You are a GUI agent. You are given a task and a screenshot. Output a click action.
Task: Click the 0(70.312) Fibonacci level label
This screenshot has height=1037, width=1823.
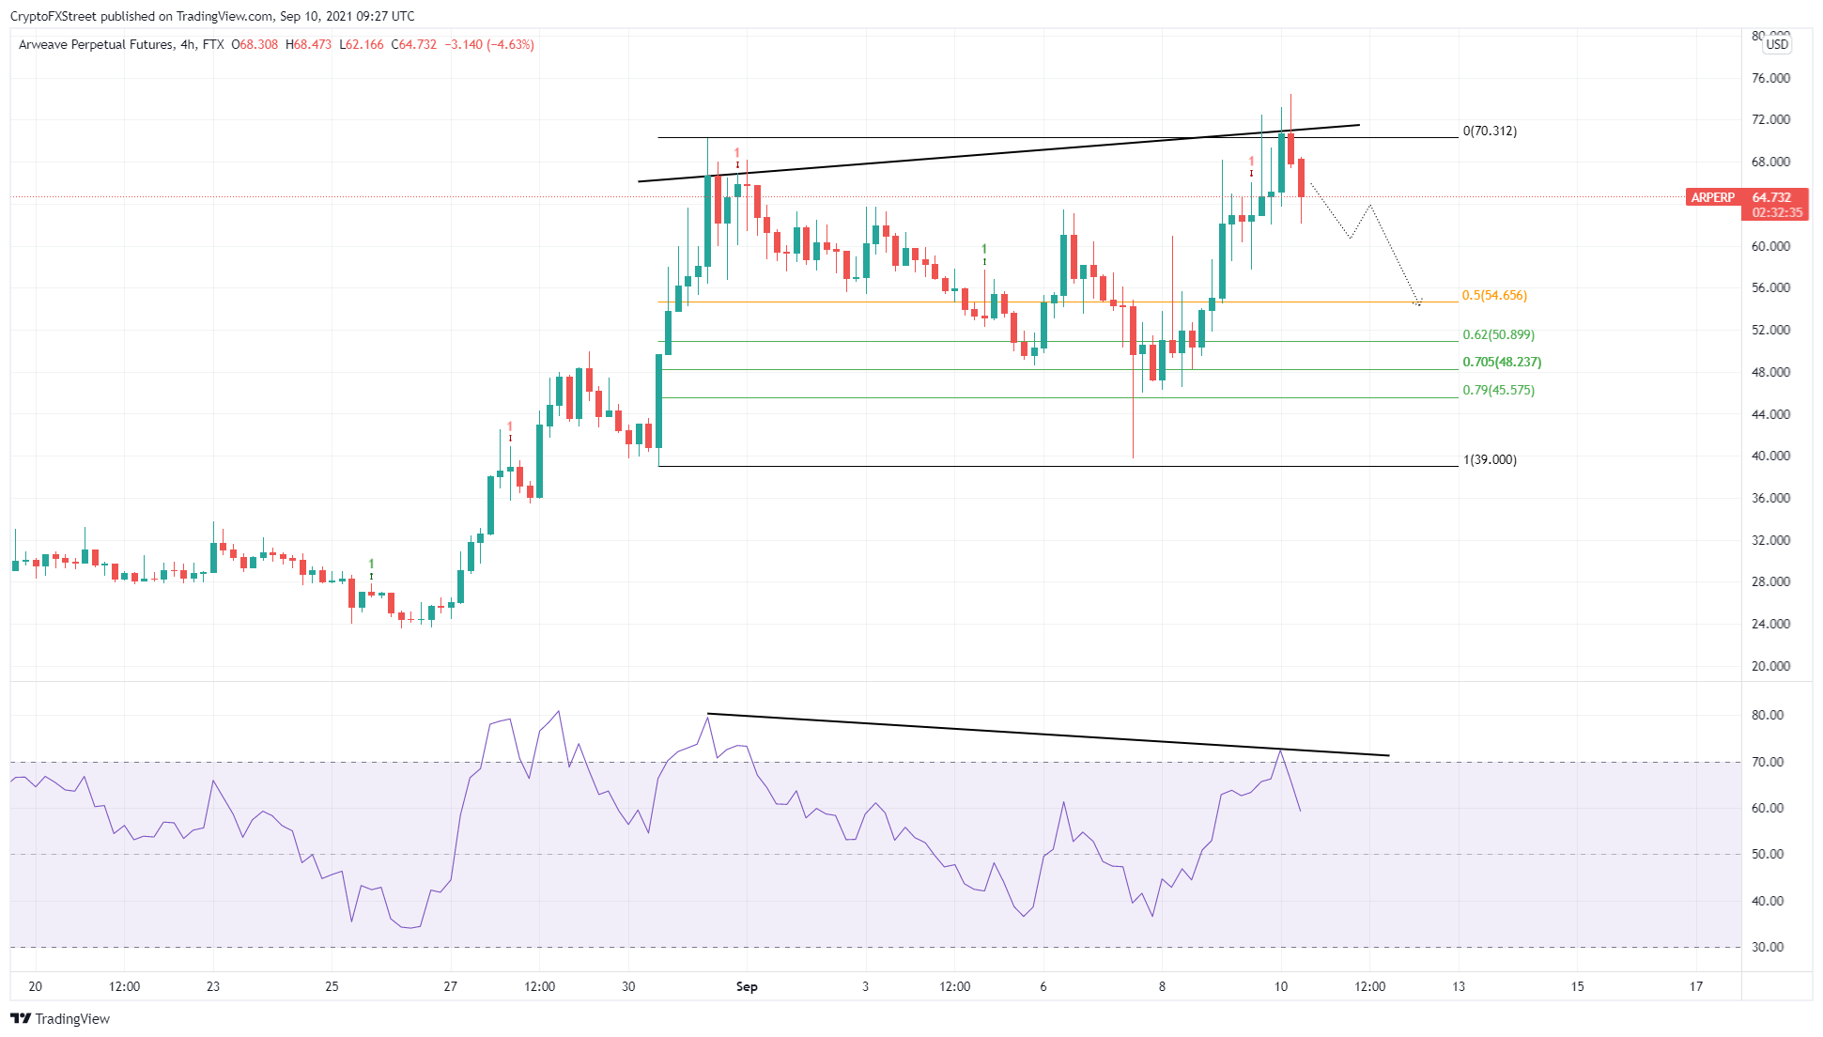(x=1490, y=132)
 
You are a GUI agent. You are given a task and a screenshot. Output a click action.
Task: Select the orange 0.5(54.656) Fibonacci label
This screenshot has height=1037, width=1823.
(x=1494, y=296)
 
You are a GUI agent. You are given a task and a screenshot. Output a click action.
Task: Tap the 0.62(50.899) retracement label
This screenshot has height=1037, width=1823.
(x=1498, y=335)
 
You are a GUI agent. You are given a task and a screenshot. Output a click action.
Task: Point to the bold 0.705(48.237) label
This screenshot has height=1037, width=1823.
(x=1502, y=363)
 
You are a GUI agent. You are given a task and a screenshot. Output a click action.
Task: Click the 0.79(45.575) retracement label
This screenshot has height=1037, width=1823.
(x=1498, y=391)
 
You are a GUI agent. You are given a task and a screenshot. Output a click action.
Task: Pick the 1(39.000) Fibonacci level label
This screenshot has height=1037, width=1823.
(x=1490, y=460)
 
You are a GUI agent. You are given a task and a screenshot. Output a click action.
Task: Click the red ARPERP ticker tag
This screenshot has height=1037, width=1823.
(x=1712, y=198)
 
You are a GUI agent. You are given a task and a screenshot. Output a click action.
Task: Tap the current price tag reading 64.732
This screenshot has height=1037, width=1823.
(x=1771, y=198)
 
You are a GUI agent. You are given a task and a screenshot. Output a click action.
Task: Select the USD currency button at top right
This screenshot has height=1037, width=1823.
(x=1777, y=45)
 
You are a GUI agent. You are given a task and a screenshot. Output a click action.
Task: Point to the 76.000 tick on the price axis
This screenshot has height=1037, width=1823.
(x=1770, y=79)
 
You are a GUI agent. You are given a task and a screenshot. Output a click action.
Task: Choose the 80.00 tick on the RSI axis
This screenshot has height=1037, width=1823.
(x=1768, y=716)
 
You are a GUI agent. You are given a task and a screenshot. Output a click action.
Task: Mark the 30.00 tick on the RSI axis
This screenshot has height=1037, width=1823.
(x=1768, y=948)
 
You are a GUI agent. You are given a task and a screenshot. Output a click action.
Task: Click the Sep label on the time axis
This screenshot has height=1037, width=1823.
(x=747, y=987)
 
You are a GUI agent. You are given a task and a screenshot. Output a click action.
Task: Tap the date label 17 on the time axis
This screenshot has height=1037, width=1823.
(x=1696, y=987)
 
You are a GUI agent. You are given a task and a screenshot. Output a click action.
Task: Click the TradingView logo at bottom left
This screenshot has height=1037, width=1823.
(x=60, y=1019)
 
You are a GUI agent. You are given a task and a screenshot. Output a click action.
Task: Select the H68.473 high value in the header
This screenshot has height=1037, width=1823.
(x=309, y=45)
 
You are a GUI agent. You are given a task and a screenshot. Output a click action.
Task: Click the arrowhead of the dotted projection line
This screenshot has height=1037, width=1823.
(x=1418, y=302)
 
